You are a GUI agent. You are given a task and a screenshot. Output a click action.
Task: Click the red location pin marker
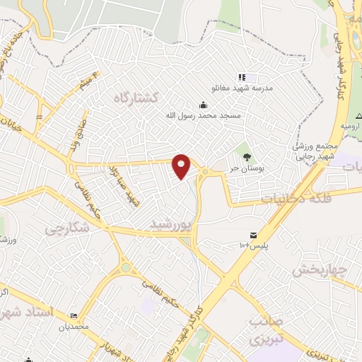click(x=182, y=165)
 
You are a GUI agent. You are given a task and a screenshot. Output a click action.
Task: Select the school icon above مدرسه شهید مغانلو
click(x=242, y=76)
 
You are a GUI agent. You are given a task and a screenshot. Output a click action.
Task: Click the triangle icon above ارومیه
click(x=358, y=115)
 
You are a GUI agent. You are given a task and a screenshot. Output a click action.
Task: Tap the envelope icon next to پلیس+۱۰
click(x=252, y=235)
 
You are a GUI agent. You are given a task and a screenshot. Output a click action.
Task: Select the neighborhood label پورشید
click(x=170, y=225)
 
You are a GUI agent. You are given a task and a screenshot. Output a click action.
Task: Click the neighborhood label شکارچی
click(x=66, y=228)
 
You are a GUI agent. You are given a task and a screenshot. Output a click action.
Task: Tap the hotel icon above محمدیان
click(x=75, y=316)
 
